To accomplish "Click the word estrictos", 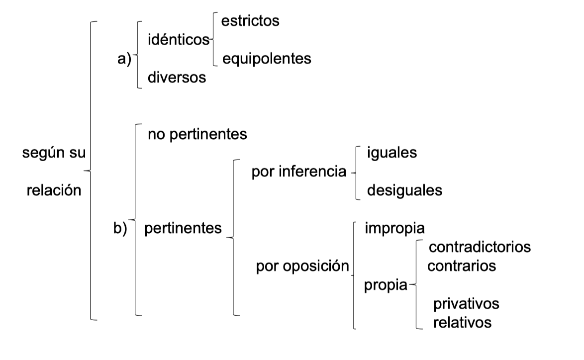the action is pos(250,21).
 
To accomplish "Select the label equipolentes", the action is pos(267,59).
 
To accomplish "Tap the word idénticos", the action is pos(179,40).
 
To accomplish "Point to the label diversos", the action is pos(177,78).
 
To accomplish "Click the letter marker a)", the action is pos(123,59).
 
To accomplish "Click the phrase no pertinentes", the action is pos(197,134).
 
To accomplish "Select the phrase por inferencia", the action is pos(298,172).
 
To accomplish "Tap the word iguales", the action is pos(391,153).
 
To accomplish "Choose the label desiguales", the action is pos(404,190).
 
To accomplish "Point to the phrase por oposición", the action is pos(302,267).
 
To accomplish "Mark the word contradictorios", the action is pos(480,247).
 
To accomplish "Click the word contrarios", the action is pos(462,266).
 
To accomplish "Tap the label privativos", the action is pos(466,303).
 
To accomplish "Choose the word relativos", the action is pos(462,323).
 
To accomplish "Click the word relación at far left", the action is pos(54,190).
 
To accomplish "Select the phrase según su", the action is pos(54,153).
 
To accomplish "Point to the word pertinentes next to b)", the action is pos(183,228).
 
